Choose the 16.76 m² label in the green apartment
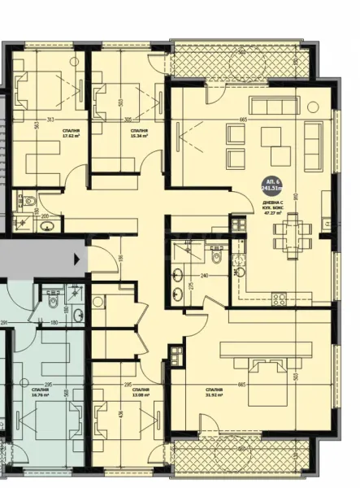click(41, 394)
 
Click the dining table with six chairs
click(289, 229)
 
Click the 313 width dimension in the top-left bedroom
click(50, 120)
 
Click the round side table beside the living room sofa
click(314, 106)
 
